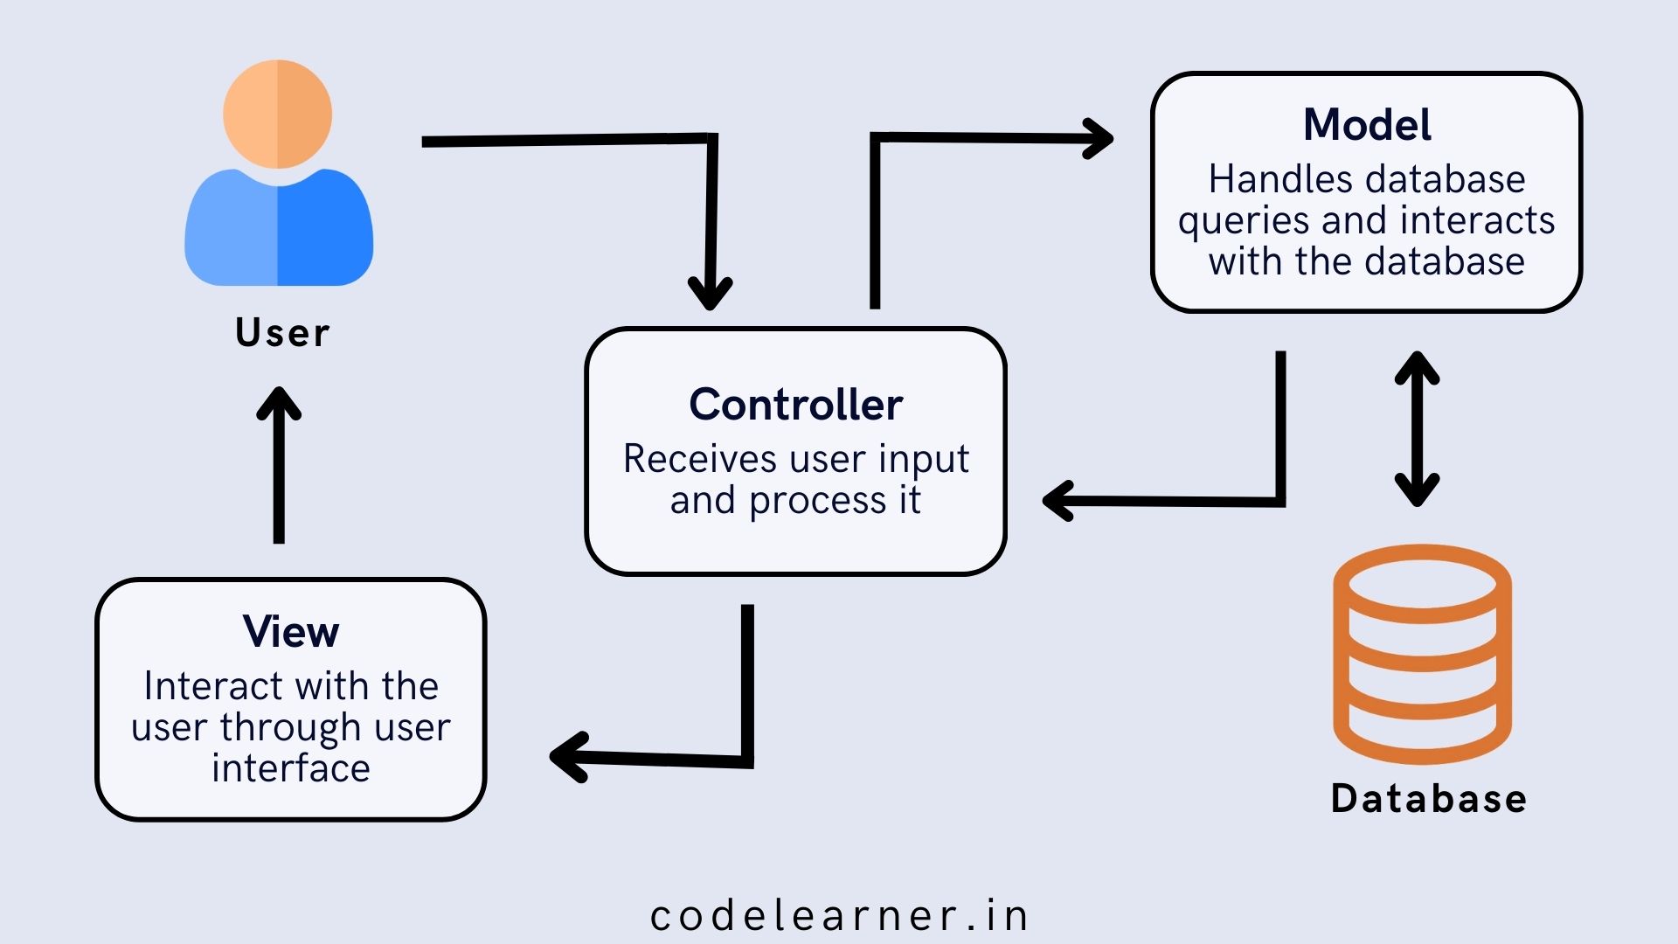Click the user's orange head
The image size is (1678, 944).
point(278,114)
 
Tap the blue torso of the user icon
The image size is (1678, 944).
point(279,231)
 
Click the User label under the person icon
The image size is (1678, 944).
point(282,333)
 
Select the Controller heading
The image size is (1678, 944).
point(795,405)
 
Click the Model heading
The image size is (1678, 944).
point(1367,125)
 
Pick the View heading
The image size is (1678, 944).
point(291,631)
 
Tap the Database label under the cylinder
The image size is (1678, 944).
point(1429,799)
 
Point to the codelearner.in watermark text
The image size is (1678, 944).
point(839,916)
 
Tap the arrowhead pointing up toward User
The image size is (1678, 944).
point(279,404)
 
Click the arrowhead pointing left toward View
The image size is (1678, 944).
point(568,757)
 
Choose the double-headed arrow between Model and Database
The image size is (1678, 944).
point(1417,429)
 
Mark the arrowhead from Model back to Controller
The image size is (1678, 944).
point(1059,501)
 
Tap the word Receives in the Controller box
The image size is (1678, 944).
point(699,459)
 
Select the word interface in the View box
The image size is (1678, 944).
point(291,768)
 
